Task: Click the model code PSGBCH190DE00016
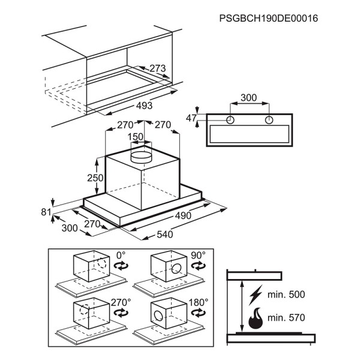[x=268, y=19]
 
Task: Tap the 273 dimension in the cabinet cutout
[x=157, y=68]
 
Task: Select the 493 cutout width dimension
[x=144, y=106]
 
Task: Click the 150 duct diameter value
[x=136, y=137]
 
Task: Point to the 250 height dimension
[x=95, y=178]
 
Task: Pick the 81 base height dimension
[x=46, y=212]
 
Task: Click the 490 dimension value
[x=183, y=215]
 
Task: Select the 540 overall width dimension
[x=165, y=235]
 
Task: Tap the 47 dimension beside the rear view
[x=191, y=118]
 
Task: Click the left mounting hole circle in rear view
[x=230, y=120]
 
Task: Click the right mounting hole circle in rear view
[x=269, y=120]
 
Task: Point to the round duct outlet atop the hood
[x=141, y=157]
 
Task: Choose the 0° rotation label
[x=121, y=255]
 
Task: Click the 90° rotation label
[x=198, y=255]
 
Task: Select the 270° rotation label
[x=121, y=302]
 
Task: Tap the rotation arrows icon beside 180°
[x=199, y=313]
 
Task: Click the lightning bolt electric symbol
[x=256, y=295]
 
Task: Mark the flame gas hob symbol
[x=256, y=319]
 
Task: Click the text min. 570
[x=286, y=318]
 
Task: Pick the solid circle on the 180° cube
[x=158, y=316]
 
